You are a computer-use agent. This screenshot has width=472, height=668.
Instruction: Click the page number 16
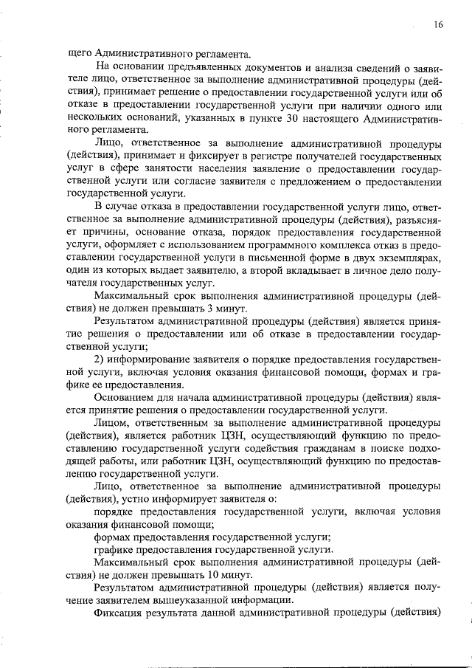pos(438,25)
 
